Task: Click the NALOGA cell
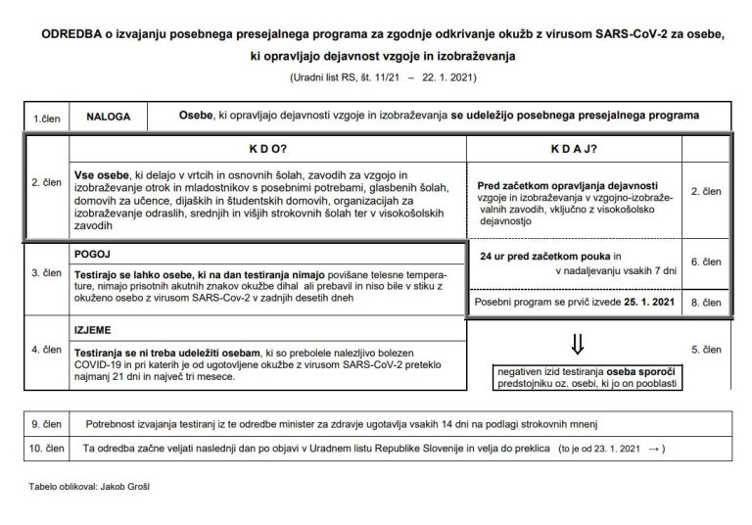tap(107, 116)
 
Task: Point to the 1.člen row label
tap(46, 117)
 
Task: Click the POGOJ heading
tap(93, 251)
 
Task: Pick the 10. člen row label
tap(46, 448)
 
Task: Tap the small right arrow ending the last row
tap(655, 449)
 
